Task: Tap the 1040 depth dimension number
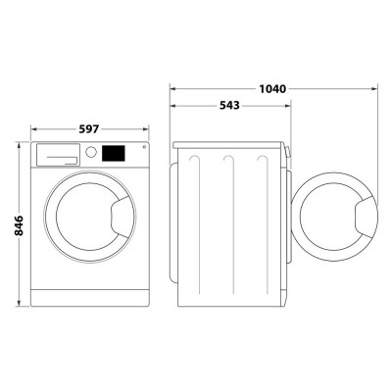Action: [x=272, y=89]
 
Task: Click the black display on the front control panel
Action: [x=115, y=154]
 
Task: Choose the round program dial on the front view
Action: [x=91, y=153]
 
